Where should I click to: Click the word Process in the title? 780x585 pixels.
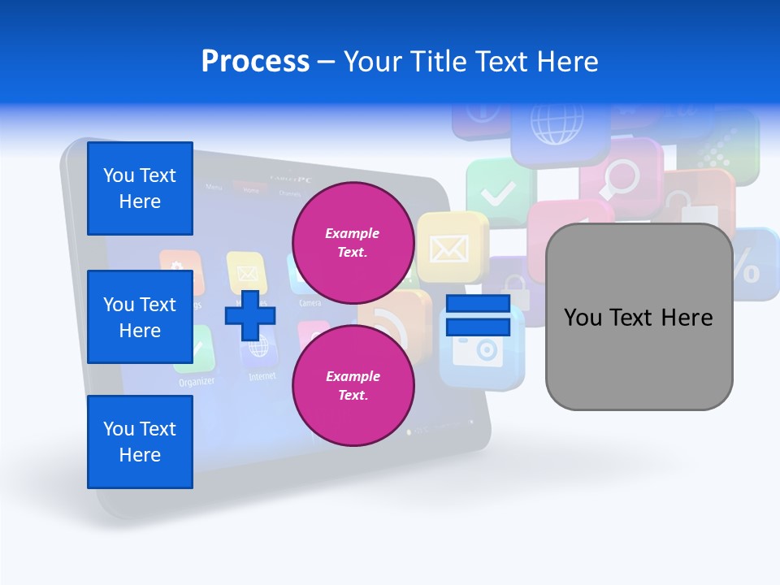point(255,62)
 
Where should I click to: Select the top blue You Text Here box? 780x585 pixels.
point(140,188)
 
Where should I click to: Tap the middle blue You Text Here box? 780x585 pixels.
point(140,317)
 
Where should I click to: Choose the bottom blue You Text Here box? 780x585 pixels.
point(140,442)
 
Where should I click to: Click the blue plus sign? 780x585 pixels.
point(249,315)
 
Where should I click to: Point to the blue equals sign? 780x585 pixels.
point(478,315)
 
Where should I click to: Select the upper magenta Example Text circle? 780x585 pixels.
point(353,242)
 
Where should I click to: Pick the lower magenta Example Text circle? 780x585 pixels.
point(353,385)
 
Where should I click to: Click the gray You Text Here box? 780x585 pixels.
point(639,317)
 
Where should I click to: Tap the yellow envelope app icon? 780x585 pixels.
point(449,247)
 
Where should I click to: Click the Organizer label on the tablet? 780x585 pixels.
point(197,382)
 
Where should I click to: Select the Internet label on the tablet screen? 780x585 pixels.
point(262,376)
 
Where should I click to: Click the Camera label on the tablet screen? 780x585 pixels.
point(309,303)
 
